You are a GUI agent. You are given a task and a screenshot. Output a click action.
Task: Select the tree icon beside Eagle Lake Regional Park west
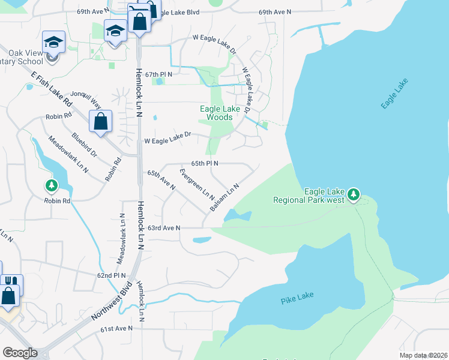[x=354, y=194]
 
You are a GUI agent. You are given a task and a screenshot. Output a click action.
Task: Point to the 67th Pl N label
[x=158, y=74]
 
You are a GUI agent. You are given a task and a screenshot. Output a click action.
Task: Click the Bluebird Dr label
[x=84, y=145]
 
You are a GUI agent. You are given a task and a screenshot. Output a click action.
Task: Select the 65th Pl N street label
[x=204, y=163]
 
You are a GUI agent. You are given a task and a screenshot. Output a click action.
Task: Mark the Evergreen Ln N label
[x=197, y=184]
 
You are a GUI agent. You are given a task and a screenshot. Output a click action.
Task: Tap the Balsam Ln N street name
[x=224, y=197]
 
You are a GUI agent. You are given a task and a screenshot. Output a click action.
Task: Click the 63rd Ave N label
[x=164, y=228]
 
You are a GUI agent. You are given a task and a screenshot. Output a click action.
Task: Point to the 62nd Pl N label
[x=112, y=275]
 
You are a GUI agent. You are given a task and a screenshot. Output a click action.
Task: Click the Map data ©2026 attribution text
[x=423, y=355]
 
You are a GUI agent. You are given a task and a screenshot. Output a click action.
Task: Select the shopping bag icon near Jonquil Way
[x=100, y=120]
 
